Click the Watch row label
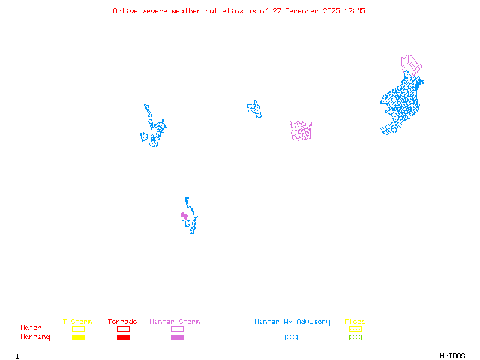(x=31, y=328)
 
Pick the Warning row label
(x=35, y=337)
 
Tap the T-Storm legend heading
(x=77, y=322)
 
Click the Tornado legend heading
(x=122, y=322)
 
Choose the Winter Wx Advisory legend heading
(x=292, y=322)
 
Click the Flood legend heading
(x=355, y=322)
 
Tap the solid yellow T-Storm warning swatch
(x=78, y=337)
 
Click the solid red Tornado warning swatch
(x=123, y=337)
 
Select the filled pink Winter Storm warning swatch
(x=177, y=337)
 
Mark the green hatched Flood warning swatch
(x=355, y=337)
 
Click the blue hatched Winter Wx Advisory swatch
(x=291, y=337)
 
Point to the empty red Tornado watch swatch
(x=123, y=329)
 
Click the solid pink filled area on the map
(x=184, y=215)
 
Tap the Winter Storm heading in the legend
(x=175, y=322)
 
